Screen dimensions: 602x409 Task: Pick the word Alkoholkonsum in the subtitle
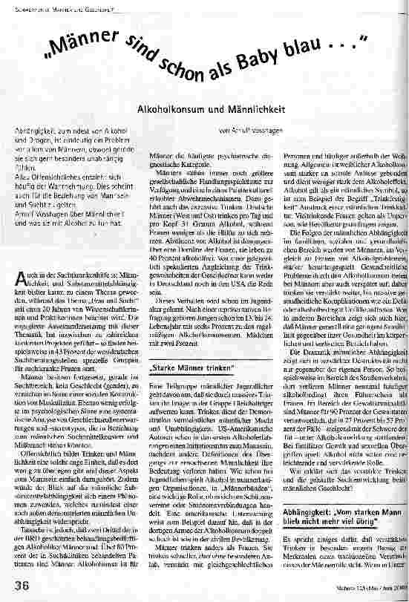point(174,108)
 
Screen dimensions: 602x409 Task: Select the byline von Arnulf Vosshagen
point(251,131)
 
